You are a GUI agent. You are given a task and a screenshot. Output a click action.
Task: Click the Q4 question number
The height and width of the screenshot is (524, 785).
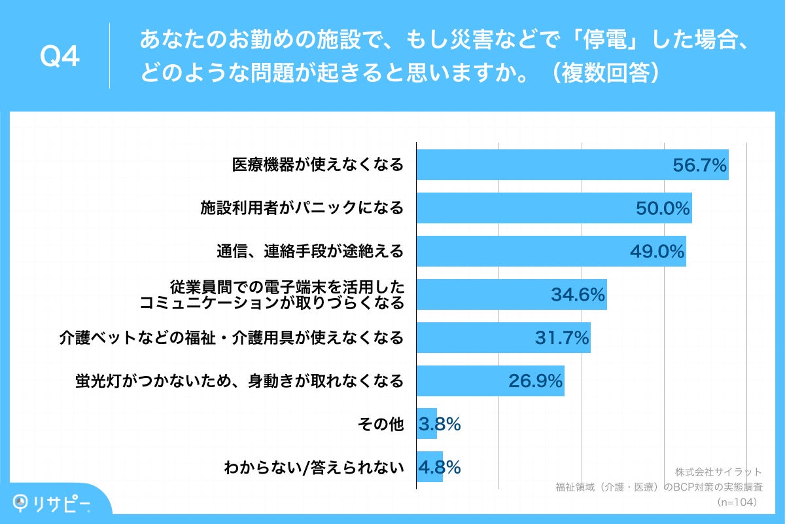60,57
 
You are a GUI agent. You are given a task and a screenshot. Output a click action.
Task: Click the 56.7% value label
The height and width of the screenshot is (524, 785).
700,166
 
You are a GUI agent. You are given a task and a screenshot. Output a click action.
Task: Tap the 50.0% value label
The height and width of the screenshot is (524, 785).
663,208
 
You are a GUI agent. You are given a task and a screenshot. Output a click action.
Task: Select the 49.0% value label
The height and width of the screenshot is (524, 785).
657,252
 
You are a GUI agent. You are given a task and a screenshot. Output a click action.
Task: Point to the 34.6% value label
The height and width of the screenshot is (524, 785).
578,295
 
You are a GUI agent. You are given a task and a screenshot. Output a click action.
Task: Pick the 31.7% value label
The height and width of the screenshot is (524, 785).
562,338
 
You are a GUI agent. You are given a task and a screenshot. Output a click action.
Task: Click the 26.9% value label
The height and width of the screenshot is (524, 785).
536,381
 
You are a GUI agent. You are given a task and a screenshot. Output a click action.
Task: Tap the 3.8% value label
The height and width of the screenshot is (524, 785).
440,424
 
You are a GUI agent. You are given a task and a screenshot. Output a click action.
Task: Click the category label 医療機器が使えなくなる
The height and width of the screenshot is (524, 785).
318,165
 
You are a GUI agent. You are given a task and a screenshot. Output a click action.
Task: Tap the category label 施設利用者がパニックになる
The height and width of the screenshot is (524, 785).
302,208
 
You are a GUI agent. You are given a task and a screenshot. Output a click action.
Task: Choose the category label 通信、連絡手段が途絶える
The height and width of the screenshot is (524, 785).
310,252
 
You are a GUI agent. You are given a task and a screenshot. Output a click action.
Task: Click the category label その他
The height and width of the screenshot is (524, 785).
381,424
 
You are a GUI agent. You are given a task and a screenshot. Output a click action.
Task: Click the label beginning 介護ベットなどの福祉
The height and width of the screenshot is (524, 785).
231,338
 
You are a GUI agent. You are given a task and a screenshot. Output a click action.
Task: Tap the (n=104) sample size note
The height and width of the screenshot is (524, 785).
737,502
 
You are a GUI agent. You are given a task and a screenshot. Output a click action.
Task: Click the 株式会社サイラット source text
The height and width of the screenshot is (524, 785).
718,472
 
